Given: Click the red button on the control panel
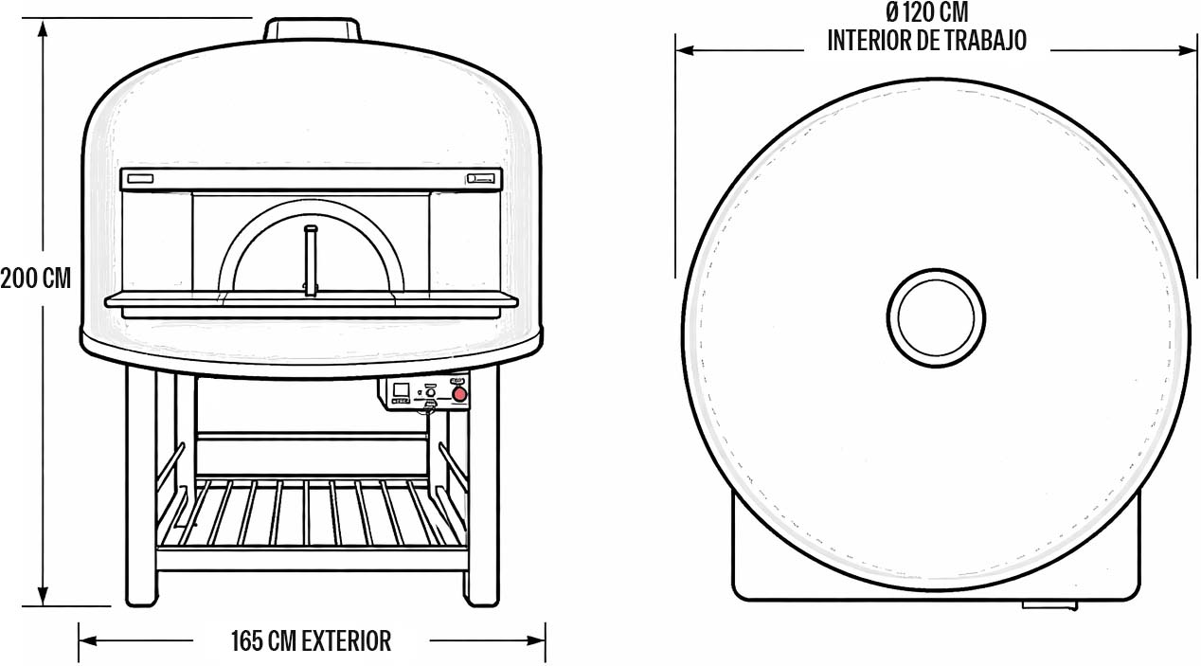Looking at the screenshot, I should click(x=460, y=395).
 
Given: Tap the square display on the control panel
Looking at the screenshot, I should click(x=401, y=389).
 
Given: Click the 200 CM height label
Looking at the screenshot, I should click(x=36, y=279).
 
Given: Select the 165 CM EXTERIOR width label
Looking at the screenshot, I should click(x=311, y=641).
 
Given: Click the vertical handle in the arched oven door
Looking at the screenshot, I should click(x=309, y=260).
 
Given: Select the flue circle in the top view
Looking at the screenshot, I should click(x=936, y=317).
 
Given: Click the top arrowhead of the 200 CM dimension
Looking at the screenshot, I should click(x=43, y=27).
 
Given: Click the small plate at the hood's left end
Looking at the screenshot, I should click(x=140, y=178).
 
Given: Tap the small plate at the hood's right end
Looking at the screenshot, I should click(x=481, y=178).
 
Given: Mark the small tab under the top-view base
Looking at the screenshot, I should click(x=1049, y=603).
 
